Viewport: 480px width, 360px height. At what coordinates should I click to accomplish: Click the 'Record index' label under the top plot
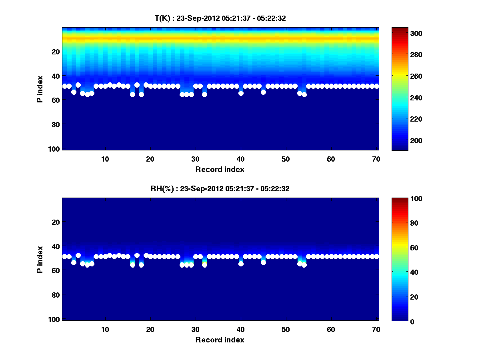pos(220,169)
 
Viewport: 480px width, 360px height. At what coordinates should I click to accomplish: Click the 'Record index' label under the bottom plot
pos(220,340)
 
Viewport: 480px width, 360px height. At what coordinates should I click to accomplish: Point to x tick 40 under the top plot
pos(241,159)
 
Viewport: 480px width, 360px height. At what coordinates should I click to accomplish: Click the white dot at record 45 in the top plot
pos(263,92)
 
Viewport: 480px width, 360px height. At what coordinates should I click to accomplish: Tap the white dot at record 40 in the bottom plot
pos(241,264)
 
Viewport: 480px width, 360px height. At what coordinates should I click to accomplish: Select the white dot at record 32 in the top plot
pos(204,94)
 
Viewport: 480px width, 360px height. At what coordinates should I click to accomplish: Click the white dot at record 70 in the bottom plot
pos(376,256)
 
